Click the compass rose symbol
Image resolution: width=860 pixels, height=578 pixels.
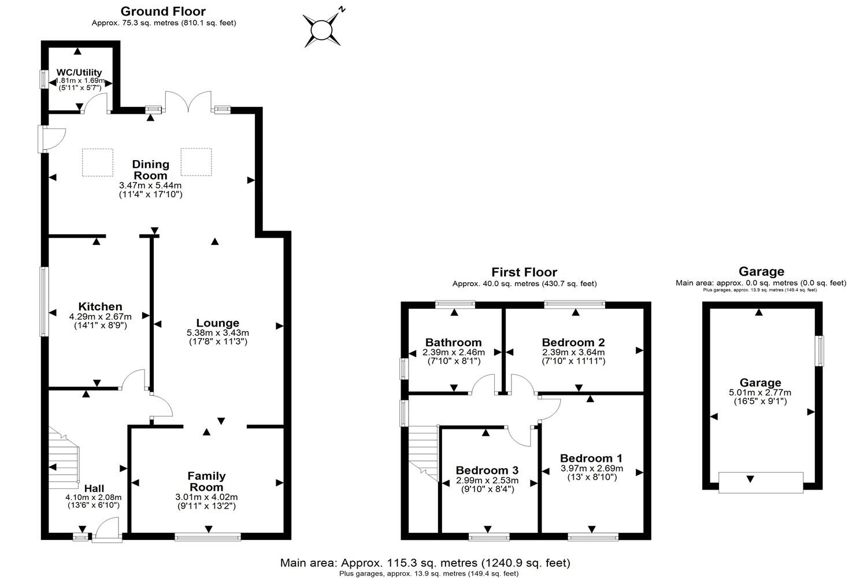[x=321, y=29]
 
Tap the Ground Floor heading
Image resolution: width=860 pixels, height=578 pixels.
[x=163, y=11]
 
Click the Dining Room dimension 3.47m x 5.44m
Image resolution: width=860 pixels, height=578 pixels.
[x=150, y=186]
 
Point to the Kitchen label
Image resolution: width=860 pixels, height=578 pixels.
[x=100, y=306]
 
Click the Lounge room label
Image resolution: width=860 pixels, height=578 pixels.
[x=217, y=323]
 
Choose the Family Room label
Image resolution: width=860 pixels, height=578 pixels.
[x=206, y=481]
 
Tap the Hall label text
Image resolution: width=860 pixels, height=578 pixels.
[x=94, y=489]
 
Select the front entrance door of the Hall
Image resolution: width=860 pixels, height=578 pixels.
[x=107, y=529]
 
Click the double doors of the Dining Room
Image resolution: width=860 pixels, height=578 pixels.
[x=186, y=101]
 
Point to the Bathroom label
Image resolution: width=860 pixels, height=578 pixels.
[x=453, y=342]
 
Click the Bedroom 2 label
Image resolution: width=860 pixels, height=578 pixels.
[x=573, y=342]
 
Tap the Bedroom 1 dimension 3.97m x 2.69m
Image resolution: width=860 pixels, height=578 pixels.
[x=592, y=468]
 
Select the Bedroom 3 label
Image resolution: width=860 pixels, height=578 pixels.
[x=487, y=470]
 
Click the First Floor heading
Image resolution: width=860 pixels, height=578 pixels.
[x=524, y=272]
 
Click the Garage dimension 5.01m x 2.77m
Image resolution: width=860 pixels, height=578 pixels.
[x=761, y=392]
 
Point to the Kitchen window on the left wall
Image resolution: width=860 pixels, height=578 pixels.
[x=43, y=301]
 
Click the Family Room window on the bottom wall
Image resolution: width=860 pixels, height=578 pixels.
[x=207, y=537]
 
